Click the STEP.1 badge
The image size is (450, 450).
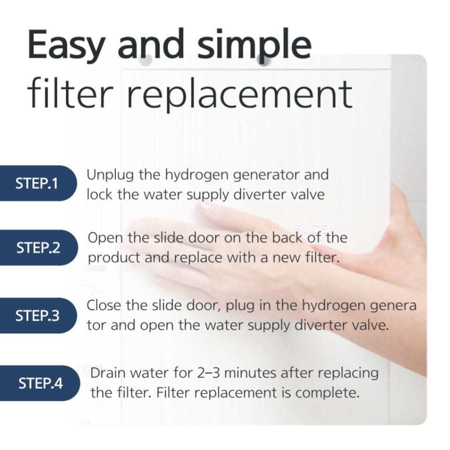click(x=38, y=183)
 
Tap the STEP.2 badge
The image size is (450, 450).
click(x=39, y=247)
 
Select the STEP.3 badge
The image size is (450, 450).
click(x=38, y=315)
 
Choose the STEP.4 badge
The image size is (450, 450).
click(x=39, y=383)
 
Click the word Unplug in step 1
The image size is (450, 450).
click(x=110, y=175)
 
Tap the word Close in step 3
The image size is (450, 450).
click(x=104, y=305)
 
